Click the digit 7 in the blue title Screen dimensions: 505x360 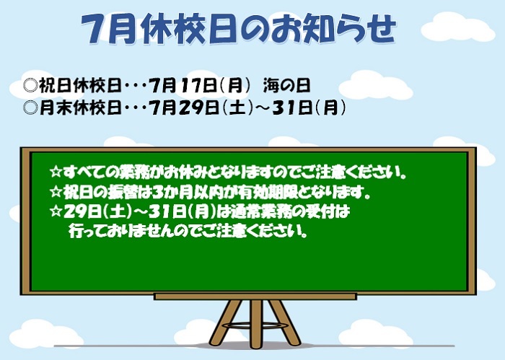pyautogui.click(x=94, y=29)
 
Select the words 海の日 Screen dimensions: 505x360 pyautogui.click(x=286, y=86)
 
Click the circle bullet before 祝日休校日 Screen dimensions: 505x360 pyautogui.click(x=31, y=86)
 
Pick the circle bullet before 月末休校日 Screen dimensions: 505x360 pyautogui.click(x=31, y=107)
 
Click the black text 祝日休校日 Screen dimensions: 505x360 pyautogui.click(x=80, y=86)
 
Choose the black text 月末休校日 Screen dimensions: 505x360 pyautogui.click(x=80, y=107)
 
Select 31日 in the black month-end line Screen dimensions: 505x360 pyautogui.click(x=292, y=107)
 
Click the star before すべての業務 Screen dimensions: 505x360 pyautogui.click(x=56, y=172)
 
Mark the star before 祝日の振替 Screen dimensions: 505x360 pyautogui.click(x=56, y=192)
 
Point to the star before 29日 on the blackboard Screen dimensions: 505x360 pyautogui.click(x=56, y=211)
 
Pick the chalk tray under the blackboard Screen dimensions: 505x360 pyautogui.click(x=255, y=297)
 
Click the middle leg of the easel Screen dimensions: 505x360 pyautogui.click(x=256, y=324)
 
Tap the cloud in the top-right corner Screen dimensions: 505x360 pyautogui.click(x=457, y=27)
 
